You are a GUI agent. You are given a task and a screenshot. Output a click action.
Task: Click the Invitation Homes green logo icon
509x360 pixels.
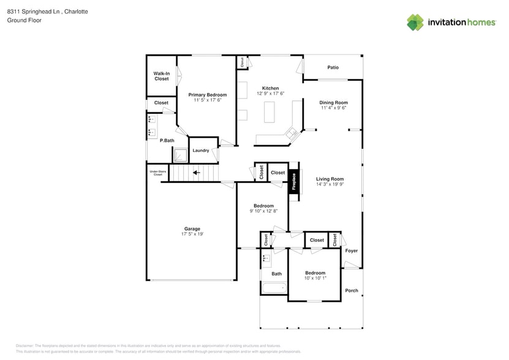[x=415, y=23]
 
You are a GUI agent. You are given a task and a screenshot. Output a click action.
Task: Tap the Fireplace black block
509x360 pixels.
[x=293, y=181]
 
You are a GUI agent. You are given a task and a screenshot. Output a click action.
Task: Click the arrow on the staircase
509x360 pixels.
[x=197, y=173]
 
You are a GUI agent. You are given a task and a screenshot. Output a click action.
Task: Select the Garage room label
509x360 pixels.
[x=192, y=228]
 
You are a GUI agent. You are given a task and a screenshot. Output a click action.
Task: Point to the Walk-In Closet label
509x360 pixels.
[x=162, y=76]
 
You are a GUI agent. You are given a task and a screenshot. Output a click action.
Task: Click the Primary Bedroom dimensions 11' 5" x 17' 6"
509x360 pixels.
[x=207, y=100]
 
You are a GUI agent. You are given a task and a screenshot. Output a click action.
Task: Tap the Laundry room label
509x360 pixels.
[x=201, y=150]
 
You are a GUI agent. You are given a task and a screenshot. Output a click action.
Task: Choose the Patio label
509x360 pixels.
[x=333, y=67]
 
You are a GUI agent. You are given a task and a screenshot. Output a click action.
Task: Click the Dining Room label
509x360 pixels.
[x=333, y=102]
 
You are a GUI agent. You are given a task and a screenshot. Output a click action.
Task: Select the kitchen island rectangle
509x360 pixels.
[x=270, y=112]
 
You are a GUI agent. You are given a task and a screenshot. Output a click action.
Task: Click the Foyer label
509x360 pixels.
[x=351, y=250]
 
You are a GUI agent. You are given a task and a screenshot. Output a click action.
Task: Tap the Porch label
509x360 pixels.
[x=352, y=290]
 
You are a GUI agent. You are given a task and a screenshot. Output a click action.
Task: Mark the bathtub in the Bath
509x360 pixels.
[x=274, y=289]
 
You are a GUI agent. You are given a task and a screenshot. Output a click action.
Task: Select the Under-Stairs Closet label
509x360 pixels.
[x=157, y=173]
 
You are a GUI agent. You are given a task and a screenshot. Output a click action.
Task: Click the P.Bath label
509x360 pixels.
[x=167, y=140]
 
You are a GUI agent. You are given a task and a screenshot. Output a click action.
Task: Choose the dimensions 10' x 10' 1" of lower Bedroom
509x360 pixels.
[x=315, y=278]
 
